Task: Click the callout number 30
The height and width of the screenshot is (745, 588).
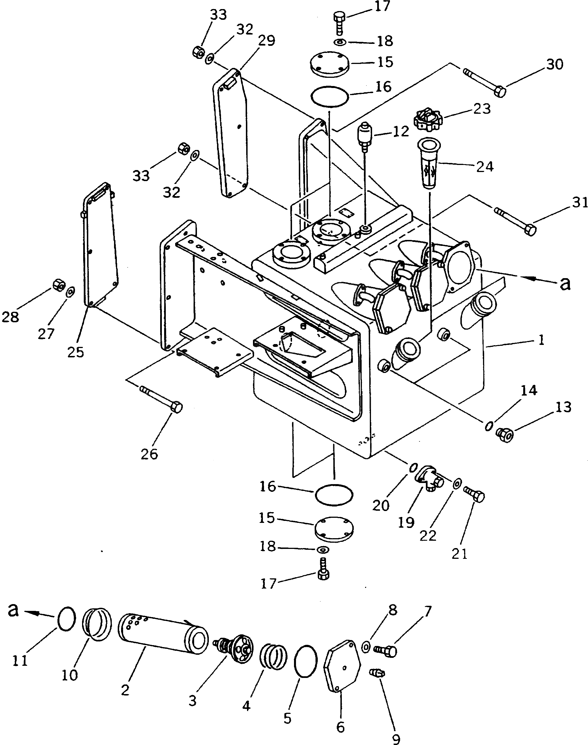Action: tap(555, 65)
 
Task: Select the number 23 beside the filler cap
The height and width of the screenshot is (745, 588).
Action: tap(482, 109)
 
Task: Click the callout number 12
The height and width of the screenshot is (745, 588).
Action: tap(400, 131)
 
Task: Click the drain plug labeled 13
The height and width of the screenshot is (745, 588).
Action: tap(505, 435)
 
